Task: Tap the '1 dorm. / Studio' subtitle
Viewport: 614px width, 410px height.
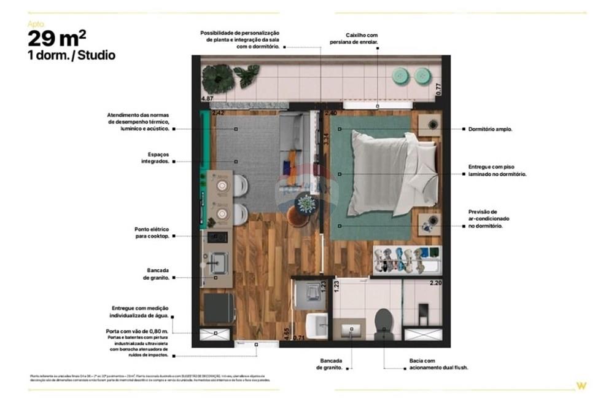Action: coord(71,55)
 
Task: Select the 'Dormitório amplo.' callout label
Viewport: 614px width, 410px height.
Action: coord(490,129)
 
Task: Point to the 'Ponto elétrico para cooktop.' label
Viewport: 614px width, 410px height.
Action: coord(152,232)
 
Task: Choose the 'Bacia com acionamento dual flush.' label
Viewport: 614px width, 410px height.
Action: coord(430,364)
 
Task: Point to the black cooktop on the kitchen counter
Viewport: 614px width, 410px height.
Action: coord(217,237)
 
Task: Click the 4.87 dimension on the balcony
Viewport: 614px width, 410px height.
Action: coord(207,98)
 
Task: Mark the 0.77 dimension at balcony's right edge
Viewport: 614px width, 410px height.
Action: coord(438,88)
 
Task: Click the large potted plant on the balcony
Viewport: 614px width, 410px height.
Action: coord(219,79)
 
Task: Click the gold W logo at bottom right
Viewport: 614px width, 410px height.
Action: coord(580,386)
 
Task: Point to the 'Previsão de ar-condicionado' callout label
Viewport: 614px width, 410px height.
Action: coord(489,219)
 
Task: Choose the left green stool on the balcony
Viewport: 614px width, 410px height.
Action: coord(402,76)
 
